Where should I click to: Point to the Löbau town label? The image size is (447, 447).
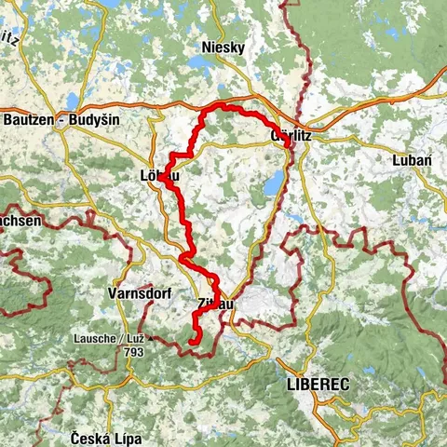156,175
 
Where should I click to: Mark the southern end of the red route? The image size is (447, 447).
190,343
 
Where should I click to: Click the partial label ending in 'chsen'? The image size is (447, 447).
20,221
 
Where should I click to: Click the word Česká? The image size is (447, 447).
88,437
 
